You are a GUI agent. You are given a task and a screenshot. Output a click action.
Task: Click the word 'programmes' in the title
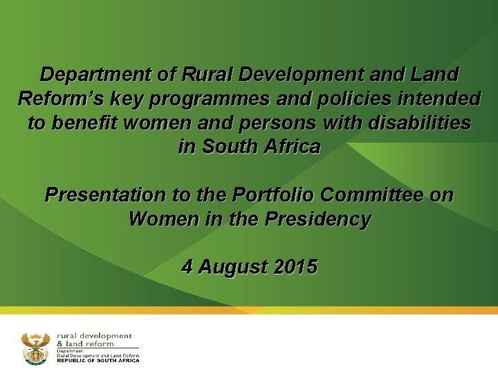[216, 99]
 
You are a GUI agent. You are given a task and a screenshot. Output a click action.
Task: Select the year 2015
[295, 267]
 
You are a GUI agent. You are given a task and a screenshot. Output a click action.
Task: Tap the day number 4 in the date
[187, 267]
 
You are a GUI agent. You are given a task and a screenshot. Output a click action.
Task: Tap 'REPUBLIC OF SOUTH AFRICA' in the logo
[98, 360]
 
